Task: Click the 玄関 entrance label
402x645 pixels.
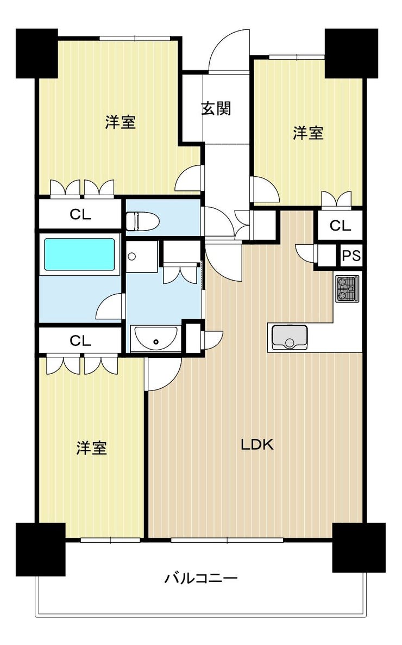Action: click(x=216, y=109)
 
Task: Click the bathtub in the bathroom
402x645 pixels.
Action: click(x=79, y=255)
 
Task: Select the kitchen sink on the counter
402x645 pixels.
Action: click(x=289, y=337)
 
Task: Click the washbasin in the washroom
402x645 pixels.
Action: click(x=155, y=339)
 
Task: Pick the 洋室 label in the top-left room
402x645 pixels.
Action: click(x=120, y=123)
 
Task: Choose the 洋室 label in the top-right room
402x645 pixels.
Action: click(x=308, y=133)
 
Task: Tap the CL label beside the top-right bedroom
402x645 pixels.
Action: click(x=341, y=226)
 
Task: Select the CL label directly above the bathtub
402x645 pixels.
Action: click(x=80, y=214)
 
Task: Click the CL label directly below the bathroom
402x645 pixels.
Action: click(x=80, y=340)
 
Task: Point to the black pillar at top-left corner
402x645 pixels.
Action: click(x=37, y=53)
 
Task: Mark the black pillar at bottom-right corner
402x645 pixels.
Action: click(x=358, y=547)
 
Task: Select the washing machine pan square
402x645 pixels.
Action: click(x=142, y=256)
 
